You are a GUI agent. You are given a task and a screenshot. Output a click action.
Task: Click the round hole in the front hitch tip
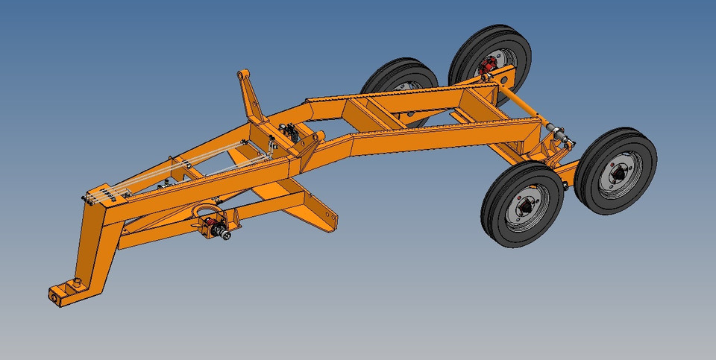(x=55, y=296)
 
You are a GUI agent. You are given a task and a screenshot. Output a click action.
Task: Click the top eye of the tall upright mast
(x=242, y=75)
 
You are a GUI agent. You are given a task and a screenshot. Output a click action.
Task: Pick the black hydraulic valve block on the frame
(x=288, y=133)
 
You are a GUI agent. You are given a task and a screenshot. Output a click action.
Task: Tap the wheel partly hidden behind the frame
(x=401, y=86)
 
